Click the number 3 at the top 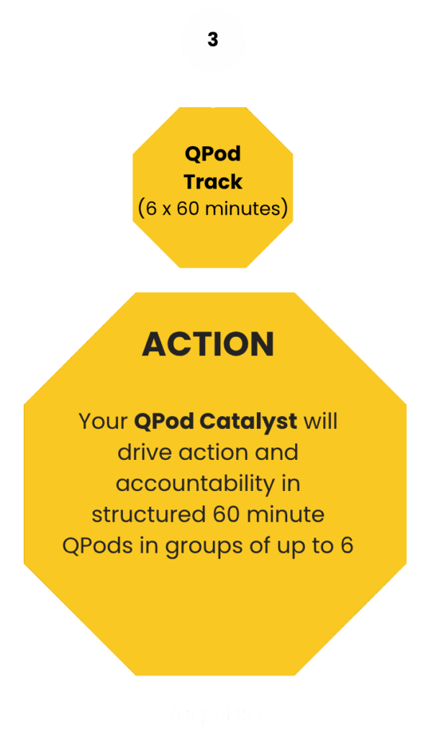(x=213, y=40)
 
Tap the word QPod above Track (x=213, y=154)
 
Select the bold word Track (x=213, y=181)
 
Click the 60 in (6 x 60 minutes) (x=188, y=208)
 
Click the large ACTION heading (x=208, y=343)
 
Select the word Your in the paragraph (x=103, y=421)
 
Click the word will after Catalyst (x=321, y=420)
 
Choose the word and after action (x=276, y=452)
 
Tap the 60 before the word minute (x=227, y=514)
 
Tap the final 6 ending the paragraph (x=347, y=546)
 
